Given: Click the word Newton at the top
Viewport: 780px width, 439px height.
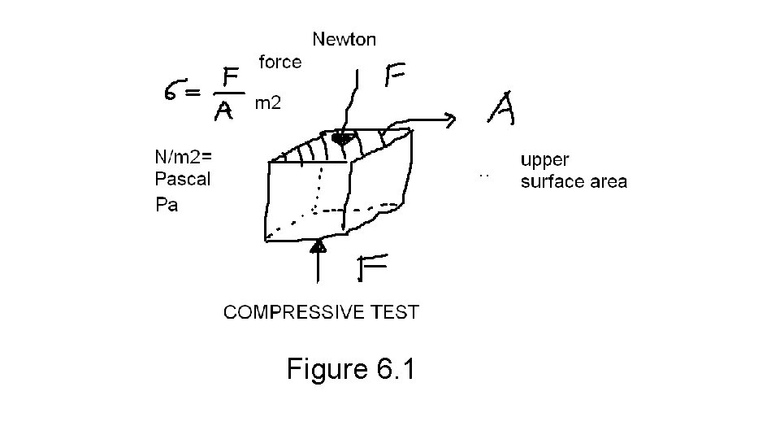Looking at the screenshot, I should (344, 38).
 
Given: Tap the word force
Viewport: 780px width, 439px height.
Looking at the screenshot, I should (280, 62).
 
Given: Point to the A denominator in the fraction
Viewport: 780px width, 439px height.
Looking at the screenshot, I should (226, 112).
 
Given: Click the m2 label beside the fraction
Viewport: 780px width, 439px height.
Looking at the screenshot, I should (268, 103).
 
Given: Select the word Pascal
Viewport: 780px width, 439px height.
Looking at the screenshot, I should (182, 180).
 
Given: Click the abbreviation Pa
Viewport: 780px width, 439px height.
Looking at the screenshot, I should (167, 205).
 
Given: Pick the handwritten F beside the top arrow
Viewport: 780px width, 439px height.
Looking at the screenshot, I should (396, 77).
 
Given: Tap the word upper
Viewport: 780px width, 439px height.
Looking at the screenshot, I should (545, 160).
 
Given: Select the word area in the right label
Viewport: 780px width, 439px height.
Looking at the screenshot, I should (607, 181).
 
